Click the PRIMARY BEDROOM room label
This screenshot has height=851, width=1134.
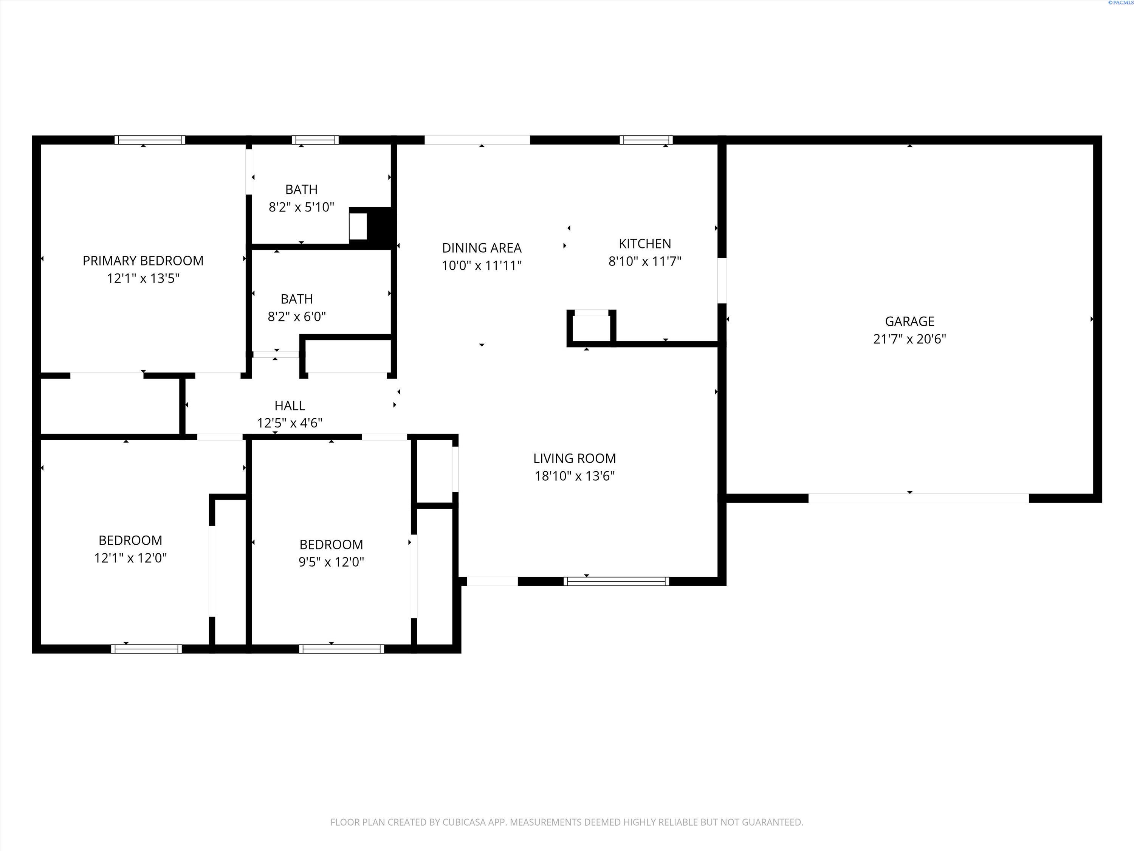point(143,261)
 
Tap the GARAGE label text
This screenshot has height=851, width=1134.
point(909,321)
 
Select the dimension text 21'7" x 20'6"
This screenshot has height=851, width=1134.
point(909,339)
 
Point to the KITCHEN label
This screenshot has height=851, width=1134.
point(645,244)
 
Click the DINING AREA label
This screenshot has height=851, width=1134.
point(482,248)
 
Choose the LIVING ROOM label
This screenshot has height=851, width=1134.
point(575,458)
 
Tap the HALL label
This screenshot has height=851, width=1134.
point(290,406)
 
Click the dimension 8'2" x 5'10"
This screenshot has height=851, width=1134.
point(301,207)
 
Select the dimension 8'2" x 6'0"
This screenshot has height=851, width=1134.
point(297,317)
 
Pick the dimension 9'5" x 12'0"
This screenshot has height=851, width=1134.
point(331,562)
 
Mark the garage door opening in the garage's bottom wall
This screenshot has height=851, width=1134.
point(919,498)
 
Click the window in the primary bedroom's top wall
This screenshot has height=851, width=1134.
point(150,140)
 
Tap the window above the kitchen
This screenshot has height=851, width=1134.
point(646,140)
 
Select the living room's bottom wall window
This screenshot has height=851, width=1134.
point(616,581)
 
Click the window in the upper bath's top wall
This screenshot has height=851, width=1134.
point(315,140)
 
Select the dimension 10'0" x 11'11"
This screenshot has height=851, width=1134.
point(482,266)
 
